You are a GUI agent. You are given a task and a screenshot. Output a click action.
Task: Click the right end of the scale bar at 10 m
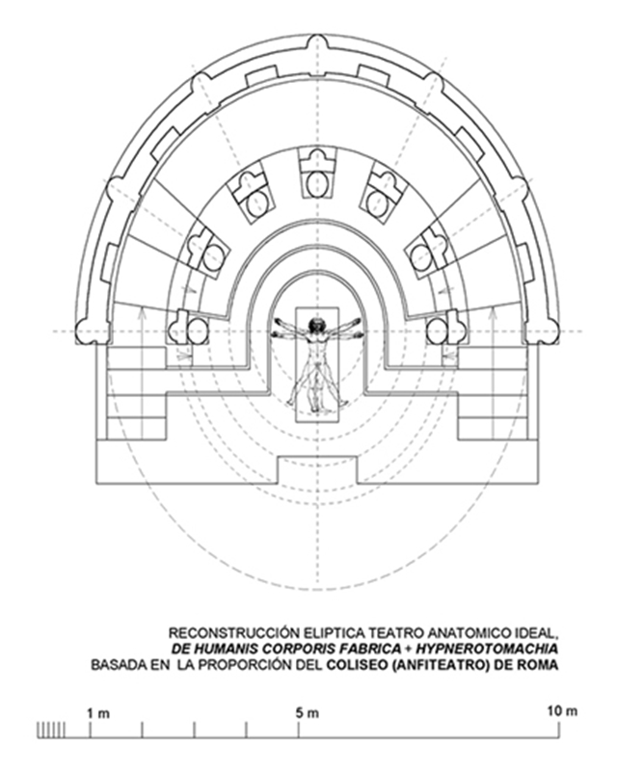559,738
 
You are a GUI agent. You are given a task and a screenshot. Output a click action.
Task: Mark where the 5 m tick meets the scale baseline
299,738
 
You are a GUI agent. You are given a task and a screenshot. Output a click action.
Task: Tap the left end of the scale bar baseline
39,738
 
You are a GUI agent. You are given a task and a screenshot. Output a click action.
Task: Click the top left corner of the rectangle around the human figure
295,307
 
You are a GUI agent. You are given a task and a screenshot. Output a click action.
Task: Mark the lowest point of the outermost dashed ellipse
315,590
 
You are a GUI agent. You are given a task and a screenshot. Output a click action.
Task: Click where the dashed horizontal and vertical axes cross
315,332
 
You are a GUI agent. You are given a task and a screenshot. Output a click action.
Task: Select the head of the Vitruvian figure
315,325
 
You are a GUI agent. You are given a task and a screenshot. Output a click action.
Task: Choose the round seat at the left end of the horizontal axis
197,331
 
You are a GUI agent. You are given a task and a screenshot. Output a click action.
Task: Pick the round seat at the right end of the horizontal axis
437,331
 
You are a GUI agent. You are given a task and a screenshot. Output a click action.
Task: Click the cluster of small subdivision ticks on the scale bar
51,729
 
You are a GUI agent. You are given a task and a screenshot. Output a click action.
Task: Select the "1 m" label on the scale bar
98,713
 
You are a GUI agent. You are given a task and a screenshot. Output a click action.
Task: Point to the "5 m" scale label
308,713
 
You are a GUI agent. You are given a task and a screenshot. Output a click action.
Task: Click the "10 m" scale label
562,711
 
